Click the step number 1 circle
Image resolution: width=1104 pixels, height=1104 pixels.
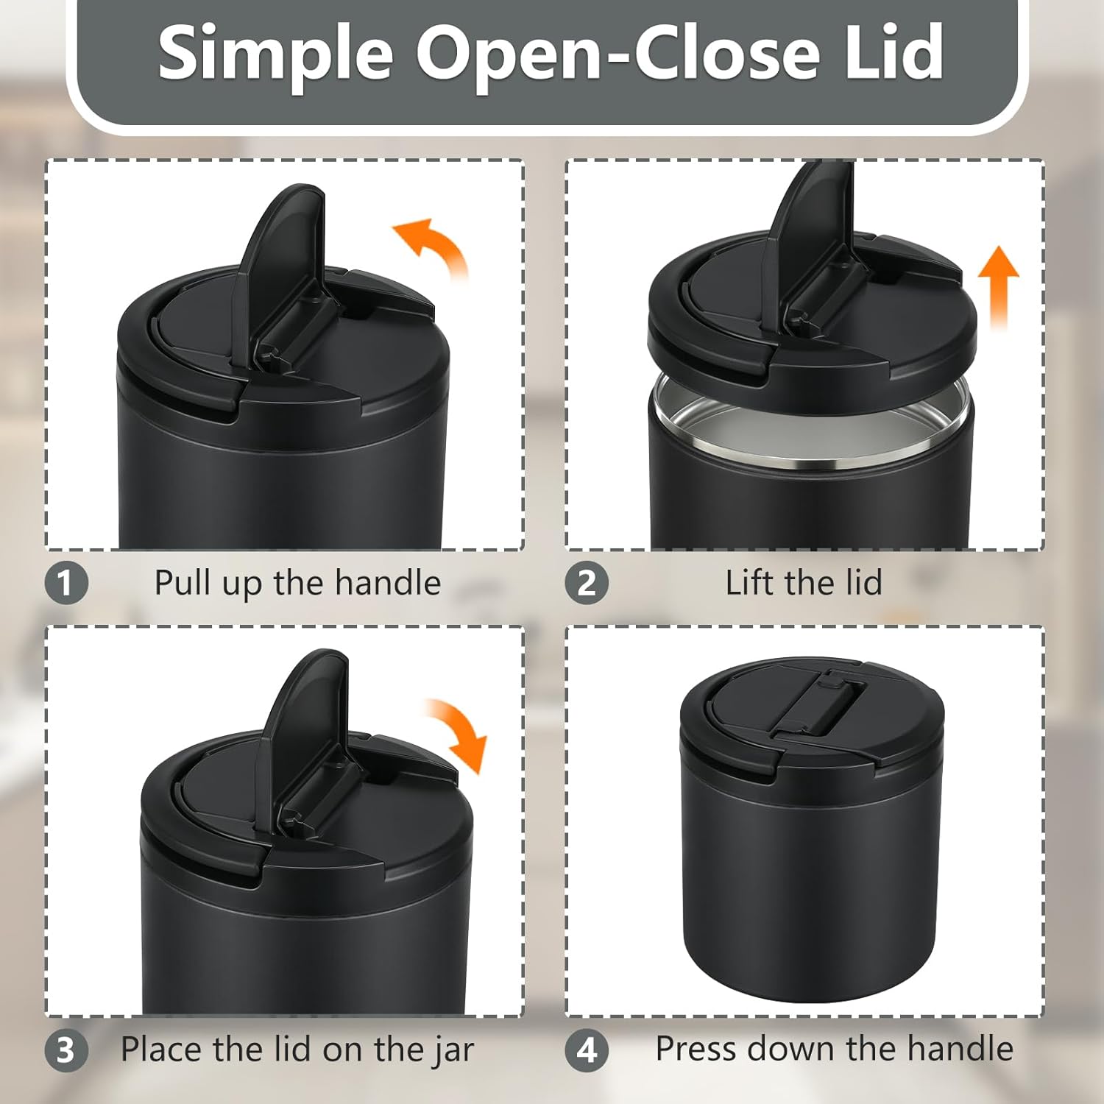[x=66, y=584]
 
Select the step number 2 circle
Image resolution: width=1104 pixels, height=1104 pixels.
[x=587, y=584]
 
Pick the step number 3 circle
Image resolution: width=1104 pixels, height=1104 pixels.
[x=66, y=1050]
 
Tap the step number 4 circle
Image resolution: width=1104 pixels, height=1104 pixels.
[x=587, y=1050]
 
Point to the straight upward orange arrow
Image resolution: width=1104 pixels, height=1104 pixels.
[x=999, y=287]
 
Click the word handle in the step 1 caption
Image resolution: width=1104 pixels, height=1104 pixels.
[x=388, y=583]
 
